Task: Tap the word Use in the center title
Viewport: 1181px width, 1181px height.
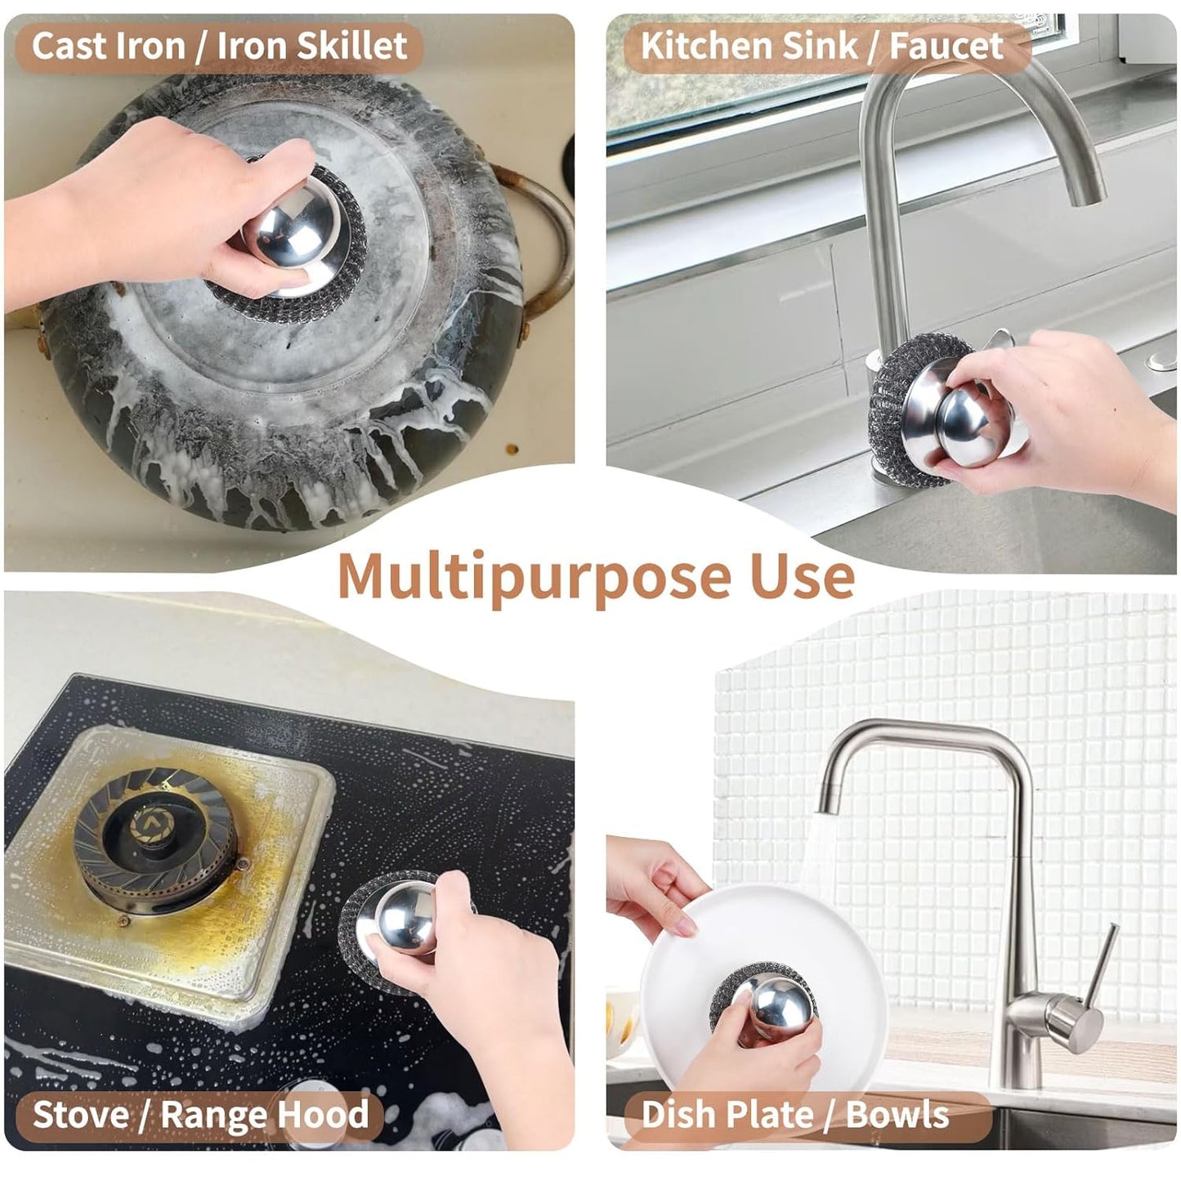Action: tap(802, 575)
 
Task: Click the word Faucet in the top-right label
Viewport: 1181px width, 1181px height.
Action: tap(946, 46)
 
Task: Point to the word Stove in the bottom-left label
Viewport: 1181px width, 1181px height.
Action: tap(81, 1114)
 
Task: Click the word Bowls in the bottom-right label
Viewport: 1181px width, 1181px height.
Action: tap(897, 1114)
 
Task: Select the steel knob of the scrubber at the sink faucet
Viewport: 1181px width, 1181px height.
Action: tap(964, 421)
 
